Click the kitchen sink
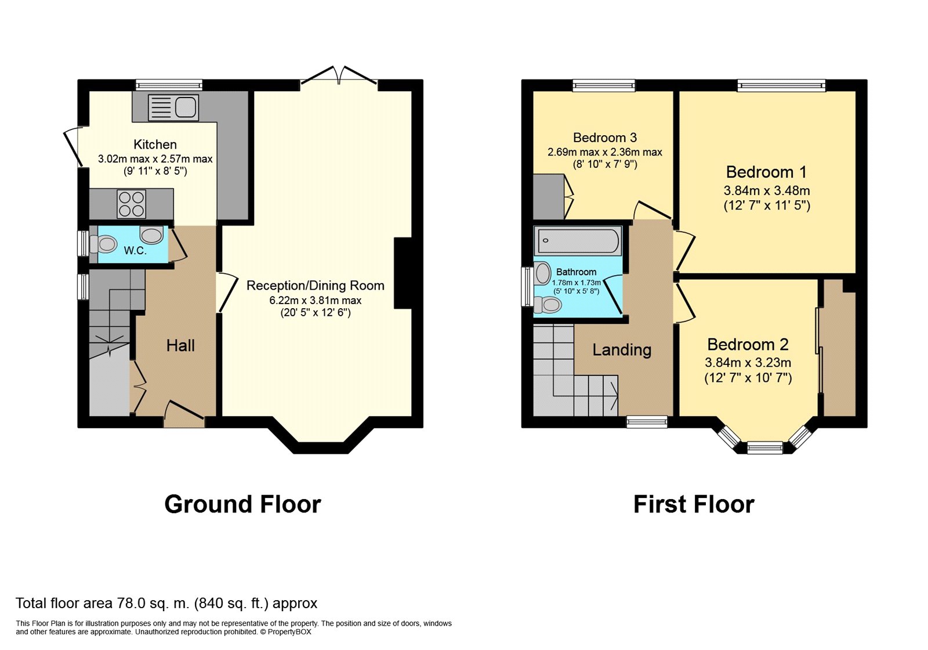tap(173, 107)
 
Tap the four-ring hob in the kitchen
tap(132, 204)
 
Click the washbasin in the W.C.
tap(151, 236)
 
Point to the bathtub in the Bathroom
tap(578, 241)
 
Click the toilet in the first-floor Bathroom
tap(548, 305)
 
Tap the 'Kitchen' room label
tap(155, 145)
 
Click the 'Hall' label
tap(180, 346)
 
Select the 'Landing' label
tap(622, 351)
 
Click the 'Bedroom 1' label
tap(766, 172)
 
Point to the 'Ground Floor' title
tap(243, 504)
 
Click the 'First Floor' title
tap(694, 504)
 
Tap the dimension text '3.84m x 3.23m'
tap(748, 363)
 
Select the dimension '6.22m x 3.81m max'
tap(316, 300)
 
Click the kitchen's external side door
tap(73, 147)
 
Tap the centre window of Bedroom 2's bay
tap(765, 447)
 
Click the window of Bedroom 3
tap(604, 85)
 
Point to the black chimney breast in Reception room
tap(403, 273)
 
